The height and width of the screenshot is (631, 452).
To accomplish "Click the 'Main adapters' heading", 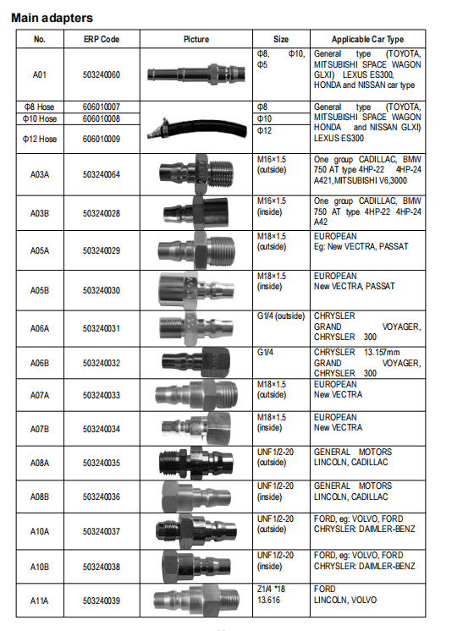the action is pos(52,18).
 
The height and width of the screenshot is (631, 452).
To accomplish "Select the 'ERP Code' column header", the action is pos(102,40).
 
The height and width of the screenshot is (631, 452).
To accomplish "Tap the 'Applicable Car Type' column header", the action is pos(367,40).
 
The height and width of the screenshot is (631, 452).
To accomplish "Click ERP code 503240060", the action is pos(102,74).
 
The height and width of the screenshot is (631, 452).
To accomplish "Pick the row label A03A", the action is pos(40,174).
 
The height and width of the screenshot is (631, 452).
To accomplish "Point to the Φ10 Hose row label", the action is pos(40,118).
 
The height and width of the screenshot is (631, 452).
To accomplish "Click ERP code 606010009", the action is pos(102,139).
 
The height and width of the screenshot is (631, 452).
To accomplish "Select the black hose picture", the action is pos(197,128).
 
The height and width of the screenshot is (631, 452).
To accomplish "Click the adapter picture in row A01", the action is pos(196,74).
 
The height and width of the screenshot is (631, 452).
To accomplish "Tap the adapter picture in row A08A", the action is pos(196,463).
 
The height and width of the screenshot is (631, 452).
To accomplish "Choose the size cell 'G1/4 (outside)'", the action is pos(281,316).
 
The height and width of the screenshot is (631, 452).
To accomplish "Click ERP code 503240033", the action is pos(102,395).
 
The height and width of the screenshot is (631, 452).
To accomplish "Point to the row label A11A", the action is pos(40,601).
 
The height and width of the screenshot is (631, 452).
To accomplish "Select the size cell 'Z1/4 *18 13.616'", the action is pos(271,595).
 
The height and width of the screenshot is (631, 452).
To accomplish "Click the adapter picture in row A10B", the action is pos(196,565).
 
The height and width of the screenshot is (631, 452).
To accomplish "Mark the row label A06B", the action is pos(40,363).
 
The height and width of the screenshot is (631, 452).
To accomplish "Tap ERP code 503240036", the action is pos(102,497).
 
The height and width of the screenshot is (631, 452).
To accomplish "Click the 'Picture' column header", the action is pos(196,40).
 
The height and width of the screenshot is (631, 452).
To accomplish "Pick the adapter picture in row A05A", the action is pos(196,250).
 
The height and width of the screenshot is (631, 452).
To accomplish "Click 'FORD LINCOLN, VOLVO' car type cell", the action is pos(345,595).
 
